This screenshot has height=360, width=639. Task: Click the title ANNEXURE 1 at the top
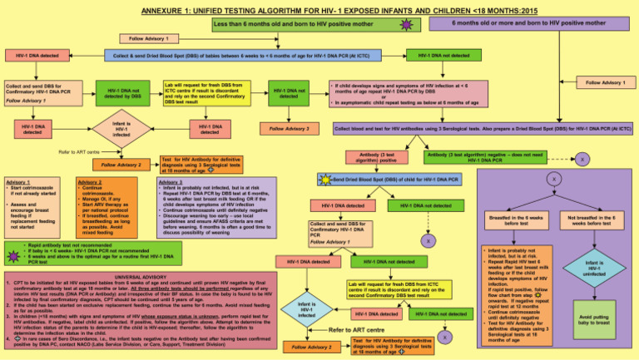pyautogui.click(x=319, y=7)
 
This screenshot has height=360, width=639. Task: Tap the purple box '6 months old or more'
pyautogui.click(x=532, y=24)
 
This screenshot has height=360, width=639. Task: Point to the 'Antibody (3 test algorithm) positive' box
pyautogui.click(x=377, y=157)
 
